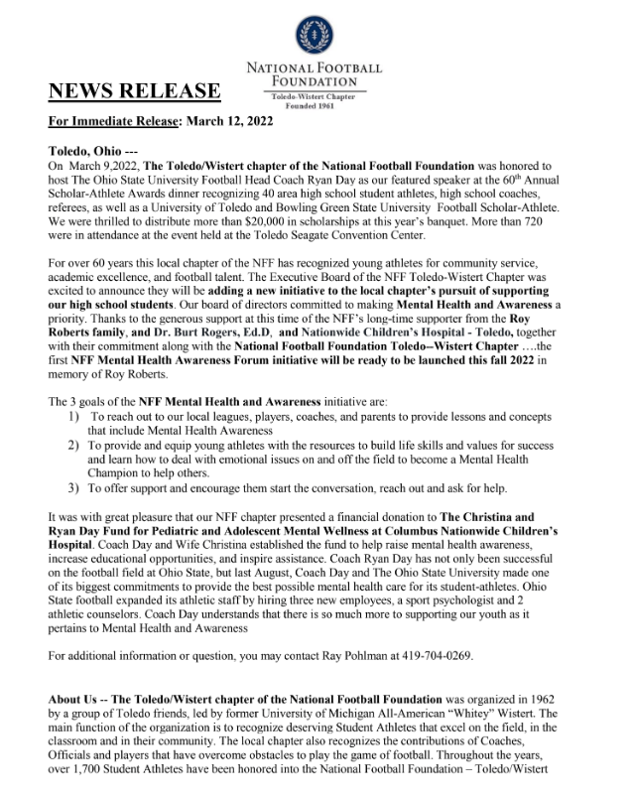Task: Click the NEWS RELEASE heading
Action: click(x=135, y=92)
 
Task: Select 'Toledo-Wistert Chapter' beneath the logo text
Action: click(x=315, y=96)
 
